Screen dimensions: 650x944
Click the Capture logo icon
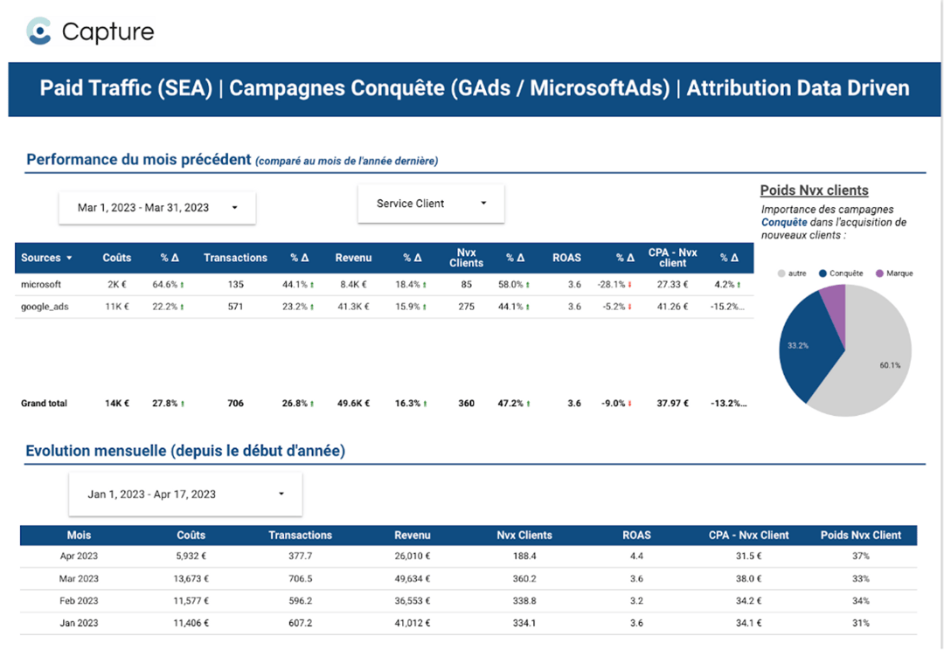click(x=39, y=31)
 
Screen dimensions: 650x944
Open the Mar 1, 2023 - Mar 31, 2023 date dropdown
click(x=157, y=208)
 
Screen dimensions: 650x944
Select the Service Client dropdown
click(x=431, y=204)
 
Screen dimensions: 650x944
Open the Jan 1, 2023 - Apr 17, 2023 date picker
click(x=185, y=494)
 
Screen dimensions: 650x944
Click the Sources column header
click(x=46, y=258)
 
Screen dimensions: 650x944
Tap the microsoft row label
click(x=41, y=284)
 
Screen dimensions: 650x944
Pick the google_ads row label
click(x=45, y=307)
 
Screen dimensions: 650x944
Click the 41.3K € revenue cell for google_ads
click(x=353, y=307)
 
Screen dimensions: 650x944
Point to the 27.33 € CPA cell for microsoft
click(x=673, y=284)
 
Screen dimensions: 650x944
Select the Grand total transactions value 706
click(x=235, y=404)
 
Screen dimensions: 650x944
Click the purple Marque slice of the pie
click(x=835, y=306)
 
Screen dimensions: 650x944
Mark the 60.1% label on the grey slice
click(x=890, y=365)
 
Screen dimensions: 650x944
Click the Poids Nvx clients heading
click(x=814, y=190)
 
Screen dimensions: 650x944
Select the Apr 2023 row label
click(x=79, y=556)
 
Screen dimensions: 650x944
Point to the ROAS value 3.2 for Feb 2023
click(x=635, y=601)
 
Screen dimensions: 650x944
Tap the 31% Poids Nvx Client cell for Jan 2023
click(x=860, y=623)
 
